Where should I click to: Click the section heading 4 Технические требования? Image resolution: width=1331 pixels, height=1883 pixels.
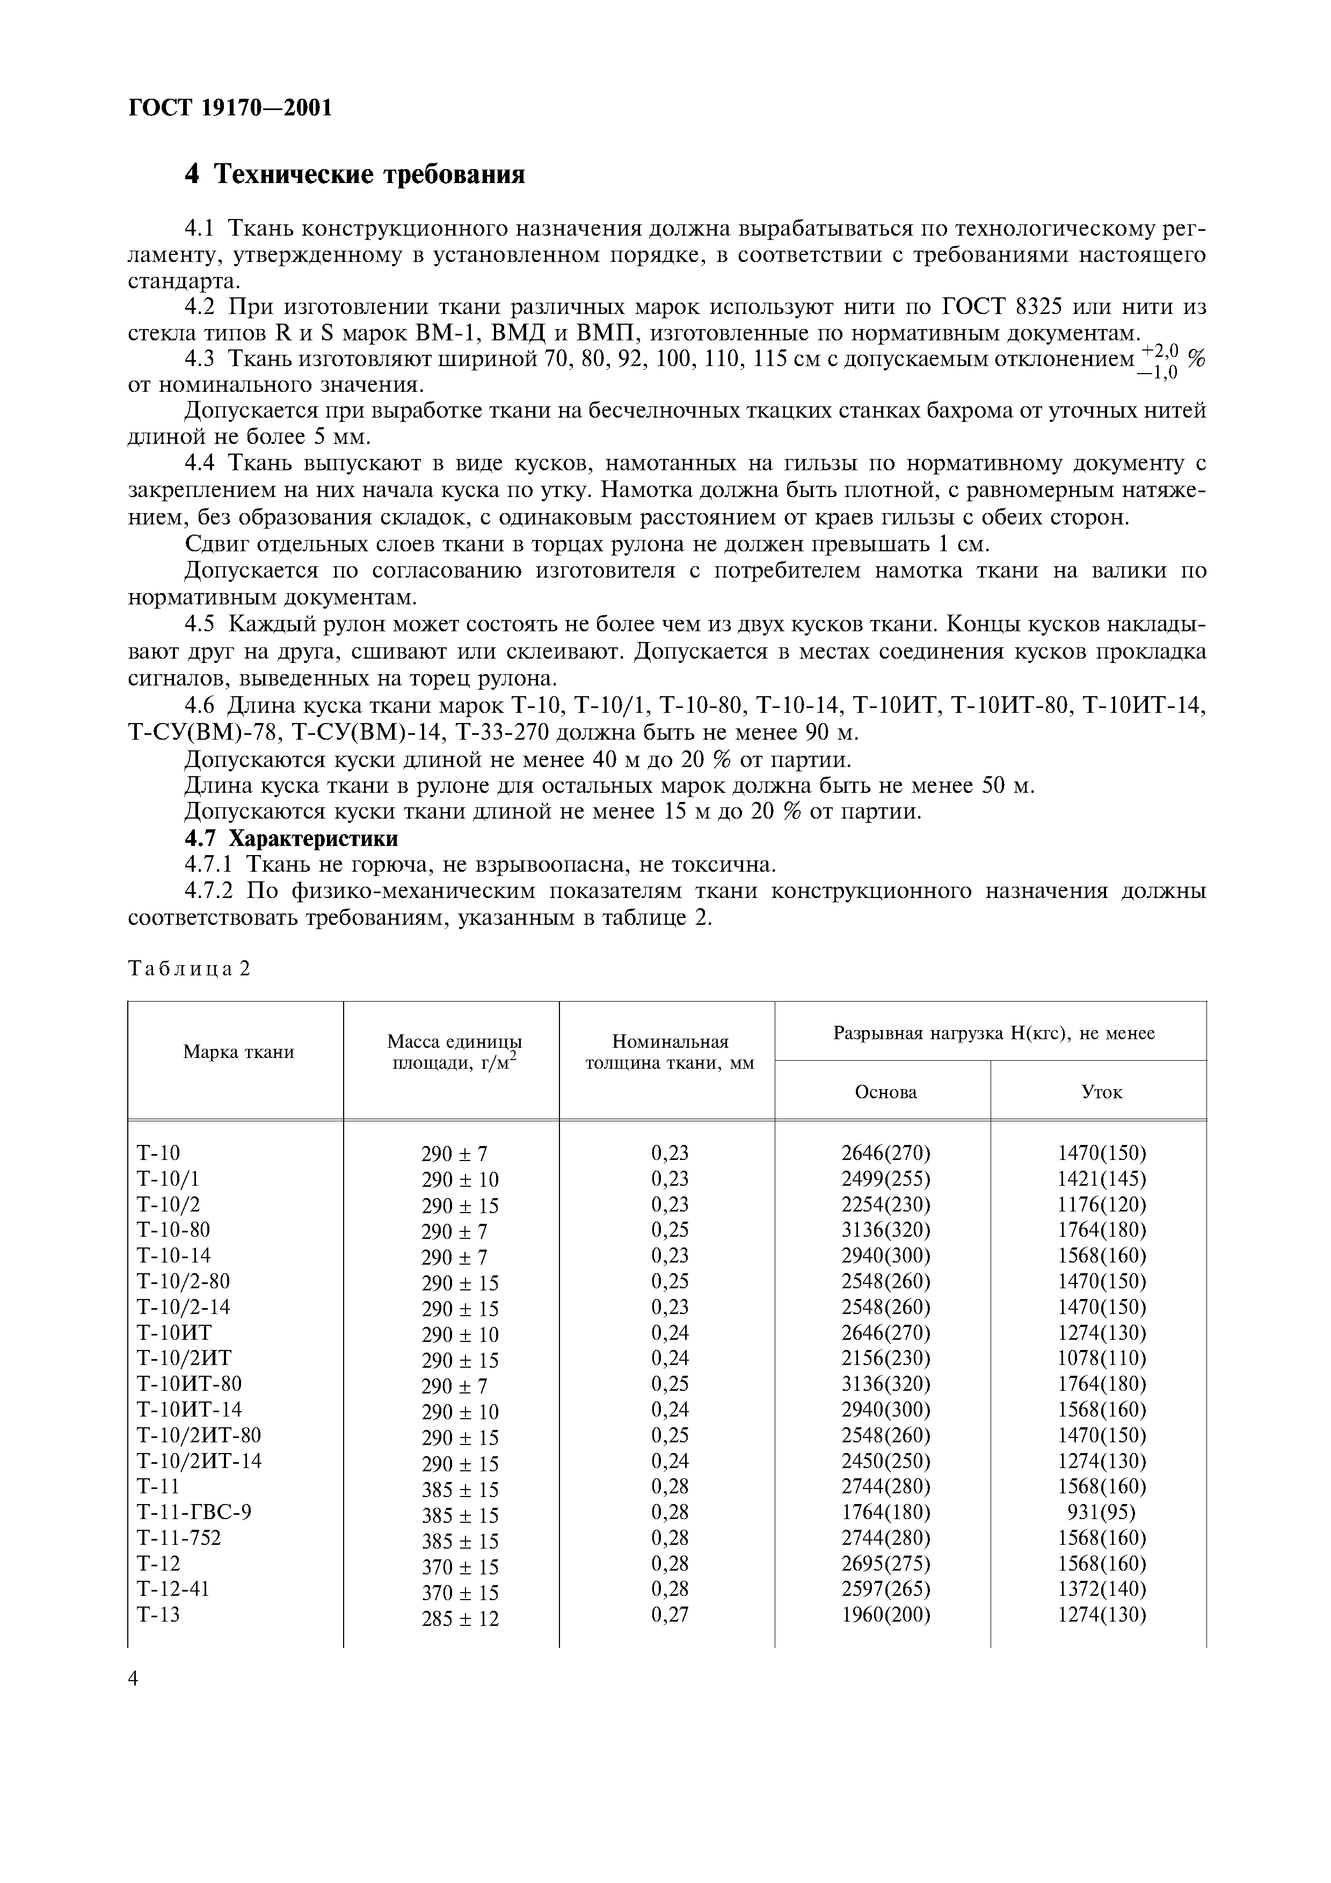[x=354, y=174]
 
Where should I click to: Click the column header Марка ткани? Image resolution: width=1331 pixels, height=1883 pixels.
[x=238, y=1052]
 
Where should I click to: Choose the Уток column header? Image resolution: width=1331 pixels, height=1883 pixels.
[x=1101, y=1092]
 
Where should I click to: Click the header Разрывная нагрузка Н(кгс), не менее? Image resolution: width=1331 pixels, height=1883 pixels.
[x=994, y=1033]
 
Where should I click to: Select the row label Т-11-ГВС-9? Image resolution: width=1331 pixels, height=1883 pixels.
[x=193, y=1512]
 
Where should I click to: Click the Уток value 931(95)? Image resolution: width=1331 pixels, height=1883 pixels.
[x=1101, y=1512]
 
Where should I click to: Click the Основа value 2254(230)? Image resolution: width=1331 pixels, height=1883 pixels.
[x=886, y=1204]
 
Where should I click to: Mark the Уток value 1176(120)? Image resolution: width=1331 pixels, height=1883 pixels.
[x=1101, y=1204]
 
